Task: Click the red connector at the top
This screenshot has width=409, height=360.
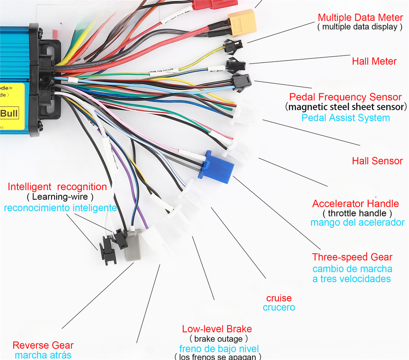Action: coord(209,4)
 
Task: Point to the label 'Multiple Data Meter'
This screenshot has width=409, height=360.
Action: coord(360,17)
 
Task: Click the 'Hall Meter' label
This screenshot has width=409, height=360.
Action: coord(374,61)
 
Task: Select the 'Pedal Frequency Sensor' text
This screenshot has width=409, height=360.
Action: coord(345,97)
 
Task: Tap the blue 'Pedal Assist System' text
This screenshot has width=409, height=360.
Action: coord(346,118)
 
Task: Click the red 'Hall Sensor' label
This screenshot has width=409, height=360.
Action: coord(377,161)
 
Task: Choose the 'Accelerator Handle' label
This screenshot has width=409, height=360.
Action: coord(355,203)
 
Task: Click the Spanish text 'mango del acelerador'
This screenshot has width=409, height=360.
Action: coord(357,222)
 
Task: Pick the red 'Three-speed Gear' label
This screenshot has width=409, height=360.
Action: coord(352,257)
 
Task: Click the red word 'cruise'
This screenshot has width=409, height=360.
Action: coord(279,298)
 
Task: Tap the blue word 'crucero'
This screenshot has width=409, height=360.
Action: coord(279,308)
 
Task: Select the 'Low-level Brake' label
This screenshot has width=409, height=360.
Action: coord(217,329)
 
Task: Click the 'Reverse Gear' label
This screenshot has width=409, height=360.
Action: coord(43,345)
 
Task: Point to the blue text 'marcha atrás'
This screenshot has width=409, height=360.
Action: coord(43,355)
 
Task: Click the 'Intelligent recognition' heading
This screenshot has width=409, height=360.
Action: coord(58,187)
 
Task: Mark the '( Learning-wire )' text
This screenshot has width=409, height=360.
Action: coord(60,197)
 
